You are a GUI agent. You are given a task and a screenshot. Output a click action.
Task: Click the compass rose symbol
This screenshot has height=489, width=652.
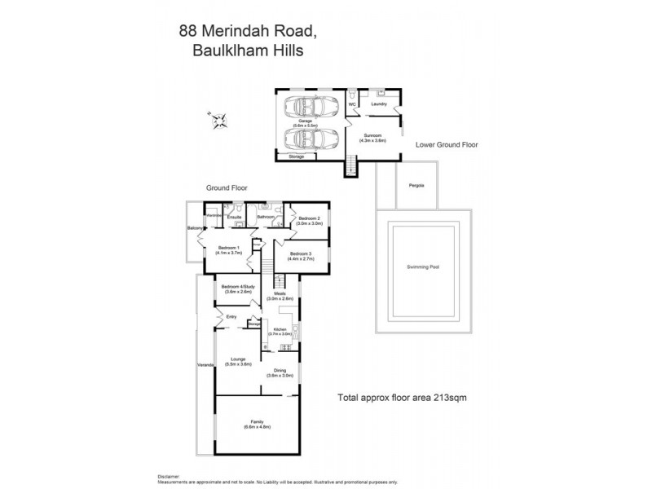click(218, 122)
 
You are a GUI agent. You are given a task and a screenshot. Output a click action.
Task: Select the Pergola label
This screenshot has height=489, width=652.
click(416, 185)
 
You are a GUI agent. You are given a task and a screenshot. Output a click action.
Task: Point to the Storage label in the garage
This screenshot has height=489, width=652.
click(296, 156)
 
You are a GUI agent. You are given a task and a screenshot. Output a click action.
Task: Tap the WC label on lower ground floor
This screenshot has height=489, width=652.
click(353, 104)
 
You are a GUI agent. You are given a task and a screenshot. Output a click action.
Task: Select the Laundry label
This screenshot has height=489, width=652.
click(378, 104)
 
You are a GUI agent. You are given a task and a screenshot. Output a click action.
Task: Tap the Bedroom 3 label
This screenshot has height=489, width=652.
click(302, 256)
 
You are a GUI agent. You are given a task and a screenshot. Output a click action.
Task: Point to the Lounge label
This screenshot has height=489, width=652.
click(239, 361)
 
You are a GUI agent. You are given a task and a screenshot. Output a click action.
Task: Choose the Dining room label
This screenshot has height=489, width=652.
click(281, 372)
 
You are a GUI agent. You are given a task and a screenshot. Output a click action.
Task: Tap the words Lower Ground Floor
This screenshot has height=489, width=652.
click(447, 144)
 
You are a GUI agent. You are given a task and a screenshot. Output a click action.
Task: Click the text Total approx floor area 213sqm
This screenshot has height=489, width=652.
click(401, 398)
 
